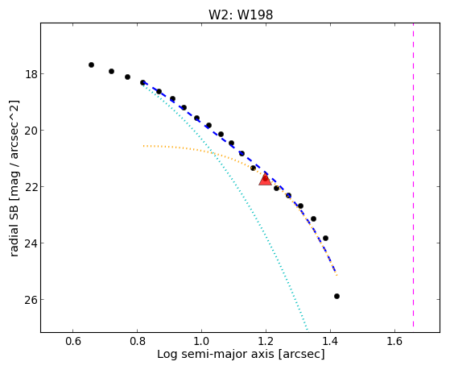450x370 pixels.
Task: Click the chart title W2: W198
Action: (x=241, y=15)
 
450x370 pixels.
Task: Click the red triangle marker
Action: (x=265, y=180)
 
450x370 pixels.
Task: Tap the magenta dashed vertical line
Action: (x=413, y=175)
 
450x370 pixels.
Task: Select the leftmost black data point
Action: (x=91, y=65)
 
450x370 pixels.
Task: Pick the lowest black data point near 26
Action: (x=337, y=297)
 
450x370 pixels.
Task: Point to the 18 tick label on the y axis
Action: (x=31, y=74)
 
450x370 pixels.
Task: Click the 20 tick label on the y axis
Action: (x=31, y=131)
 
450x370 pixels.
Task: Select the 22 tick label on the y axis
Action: (x=31, y=187)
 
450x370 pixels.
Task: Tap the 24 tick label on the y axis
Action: (x=31, y=243)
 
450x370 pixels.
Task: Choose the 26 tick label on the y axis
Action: (x=31, y=300)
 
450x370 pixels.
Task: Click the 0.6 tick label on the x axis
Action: (x=73, y=341)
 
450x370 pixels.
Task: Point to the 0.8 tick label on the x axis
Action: (x=137, y=341)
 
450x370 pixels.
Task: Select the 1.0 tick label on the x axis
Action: (x=201, y=341)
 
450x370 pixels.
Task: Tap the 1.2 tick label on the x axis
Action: (x=266, y=341)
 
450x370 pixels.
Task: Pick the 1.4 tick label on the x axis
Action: (x=330, y=341)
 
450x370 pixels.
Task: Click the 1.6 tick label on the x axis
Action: (x=394, y=341)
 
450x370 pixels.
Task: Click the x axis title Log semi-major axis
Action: (x=216, y=355)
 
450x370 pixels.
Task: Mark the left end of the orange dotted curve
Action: (x=143, y=146)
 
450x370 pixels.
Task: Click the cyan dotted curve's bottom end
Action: (x=307, y=329)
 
